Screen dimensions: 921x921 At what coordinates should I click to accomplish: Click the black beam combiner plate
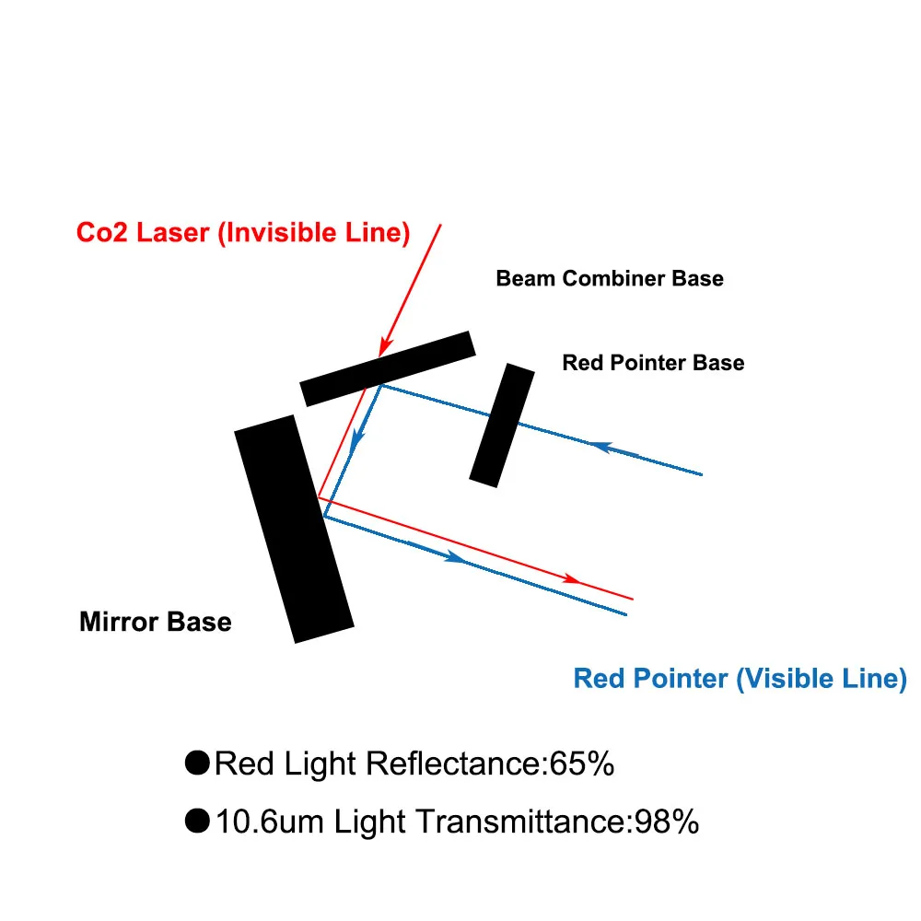(388, 367)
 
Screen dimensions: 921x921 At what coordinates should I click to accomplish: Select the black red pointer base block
(502, 425)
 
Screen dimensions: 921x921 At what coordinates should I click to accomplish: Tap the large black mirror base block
(294, 529)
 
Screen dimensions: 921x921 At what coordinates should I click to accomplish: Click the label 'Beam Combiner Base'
(610, 278)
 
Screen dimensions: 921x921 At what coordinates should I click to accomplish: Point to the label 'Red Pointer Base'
(653, 363)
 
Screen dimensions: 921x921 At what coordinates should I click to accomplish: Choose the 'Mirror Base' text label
(156, 623)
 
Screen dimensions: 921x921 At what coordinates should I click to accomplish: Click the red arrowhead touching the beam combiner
(384, 348)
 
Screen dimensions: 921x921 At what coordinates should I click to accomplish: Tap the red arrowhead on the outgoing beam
(571, 578)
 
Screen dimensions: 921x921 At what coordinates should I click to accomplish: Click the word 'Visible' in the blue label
(781, 680)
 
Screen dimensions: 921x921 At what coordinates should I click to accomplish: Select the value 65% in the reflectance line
(581, 764)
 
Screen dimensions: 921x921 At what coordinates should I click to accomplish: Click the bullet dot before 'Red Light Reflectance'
(197, 763)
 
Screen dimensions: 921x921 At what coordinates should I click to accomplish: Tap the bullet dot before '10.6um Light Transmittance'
(197, 820)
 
